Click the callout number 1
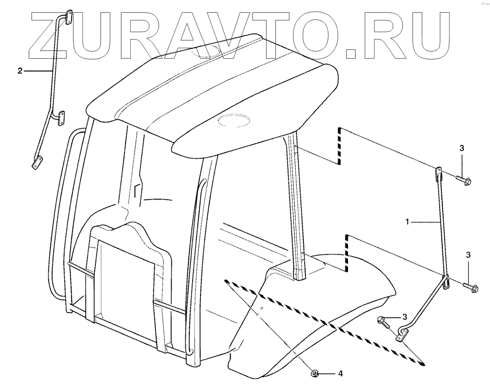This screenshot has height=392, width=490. tap(407, 222)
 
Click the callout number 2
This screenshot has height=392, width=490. tap(20, 71)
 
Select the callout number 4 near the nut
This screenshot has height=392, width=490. tap(341, 373)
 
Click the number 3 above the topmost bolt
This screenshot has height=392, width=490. tap(462, 148)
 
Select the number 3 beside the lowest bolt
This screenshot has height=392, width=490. tap(405, 316)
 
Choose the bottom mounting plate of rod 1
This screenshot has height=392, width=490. tap(403, 335)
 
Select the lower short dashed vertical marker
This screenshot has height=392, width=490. tap(347, 254)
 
